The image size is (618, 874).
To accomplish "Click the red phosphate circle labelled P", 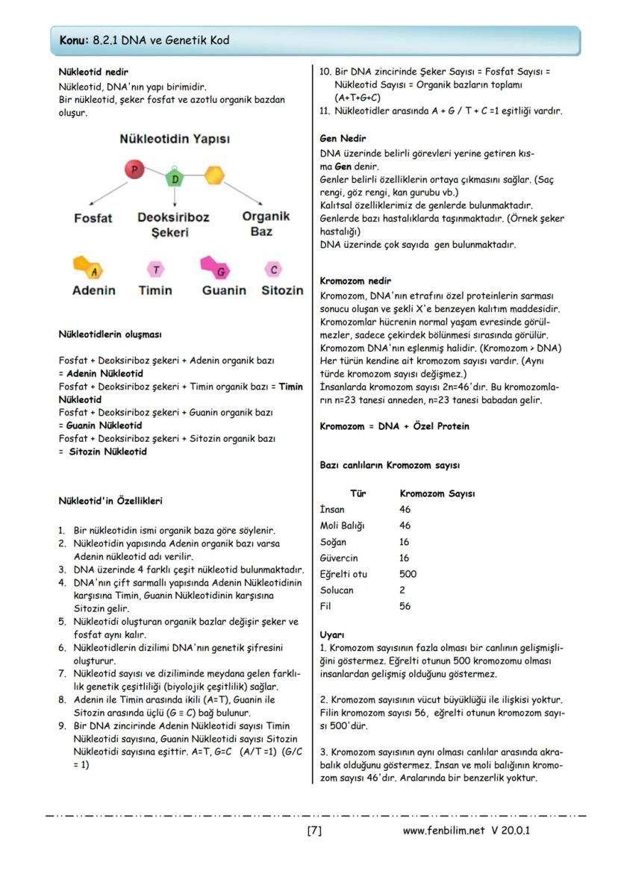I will [134, 170].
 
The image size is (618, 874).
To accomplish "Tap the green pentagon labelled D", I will [175, 179].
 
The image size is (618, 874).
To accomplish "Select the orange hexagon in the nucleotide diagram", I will [214, 175].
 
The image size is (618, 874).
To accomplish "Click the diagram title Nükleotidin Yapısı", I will [175, 140].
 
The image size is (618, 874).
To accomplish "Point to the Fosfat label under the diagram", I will [93, 218].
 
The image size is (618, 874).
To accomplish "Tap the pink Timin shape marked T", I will [155, 269].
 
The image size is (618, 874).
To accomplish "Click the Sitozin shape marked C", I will [273, 269].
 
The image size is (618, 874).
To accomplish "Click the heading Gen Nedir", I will [343, 139].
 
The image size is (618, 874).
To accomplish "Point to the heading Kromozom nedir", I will [355, 281].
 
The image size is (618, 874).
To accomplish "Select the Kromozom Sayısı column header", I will [437, 493].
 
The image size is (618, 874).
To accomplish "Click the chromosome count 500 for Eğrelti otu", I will [408, 574].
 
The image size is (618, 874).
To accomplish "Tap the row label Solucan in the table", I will [337, 590].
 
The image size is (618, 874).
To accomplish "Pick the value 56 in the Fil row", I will [405, 607].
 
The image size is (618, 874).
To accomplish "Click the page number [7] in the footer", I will [313, 831].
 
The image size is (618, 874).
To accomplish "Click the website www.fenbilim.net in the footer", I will [443, 831].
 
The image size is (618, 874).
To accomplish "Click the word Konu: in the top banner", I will [75, 40].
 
